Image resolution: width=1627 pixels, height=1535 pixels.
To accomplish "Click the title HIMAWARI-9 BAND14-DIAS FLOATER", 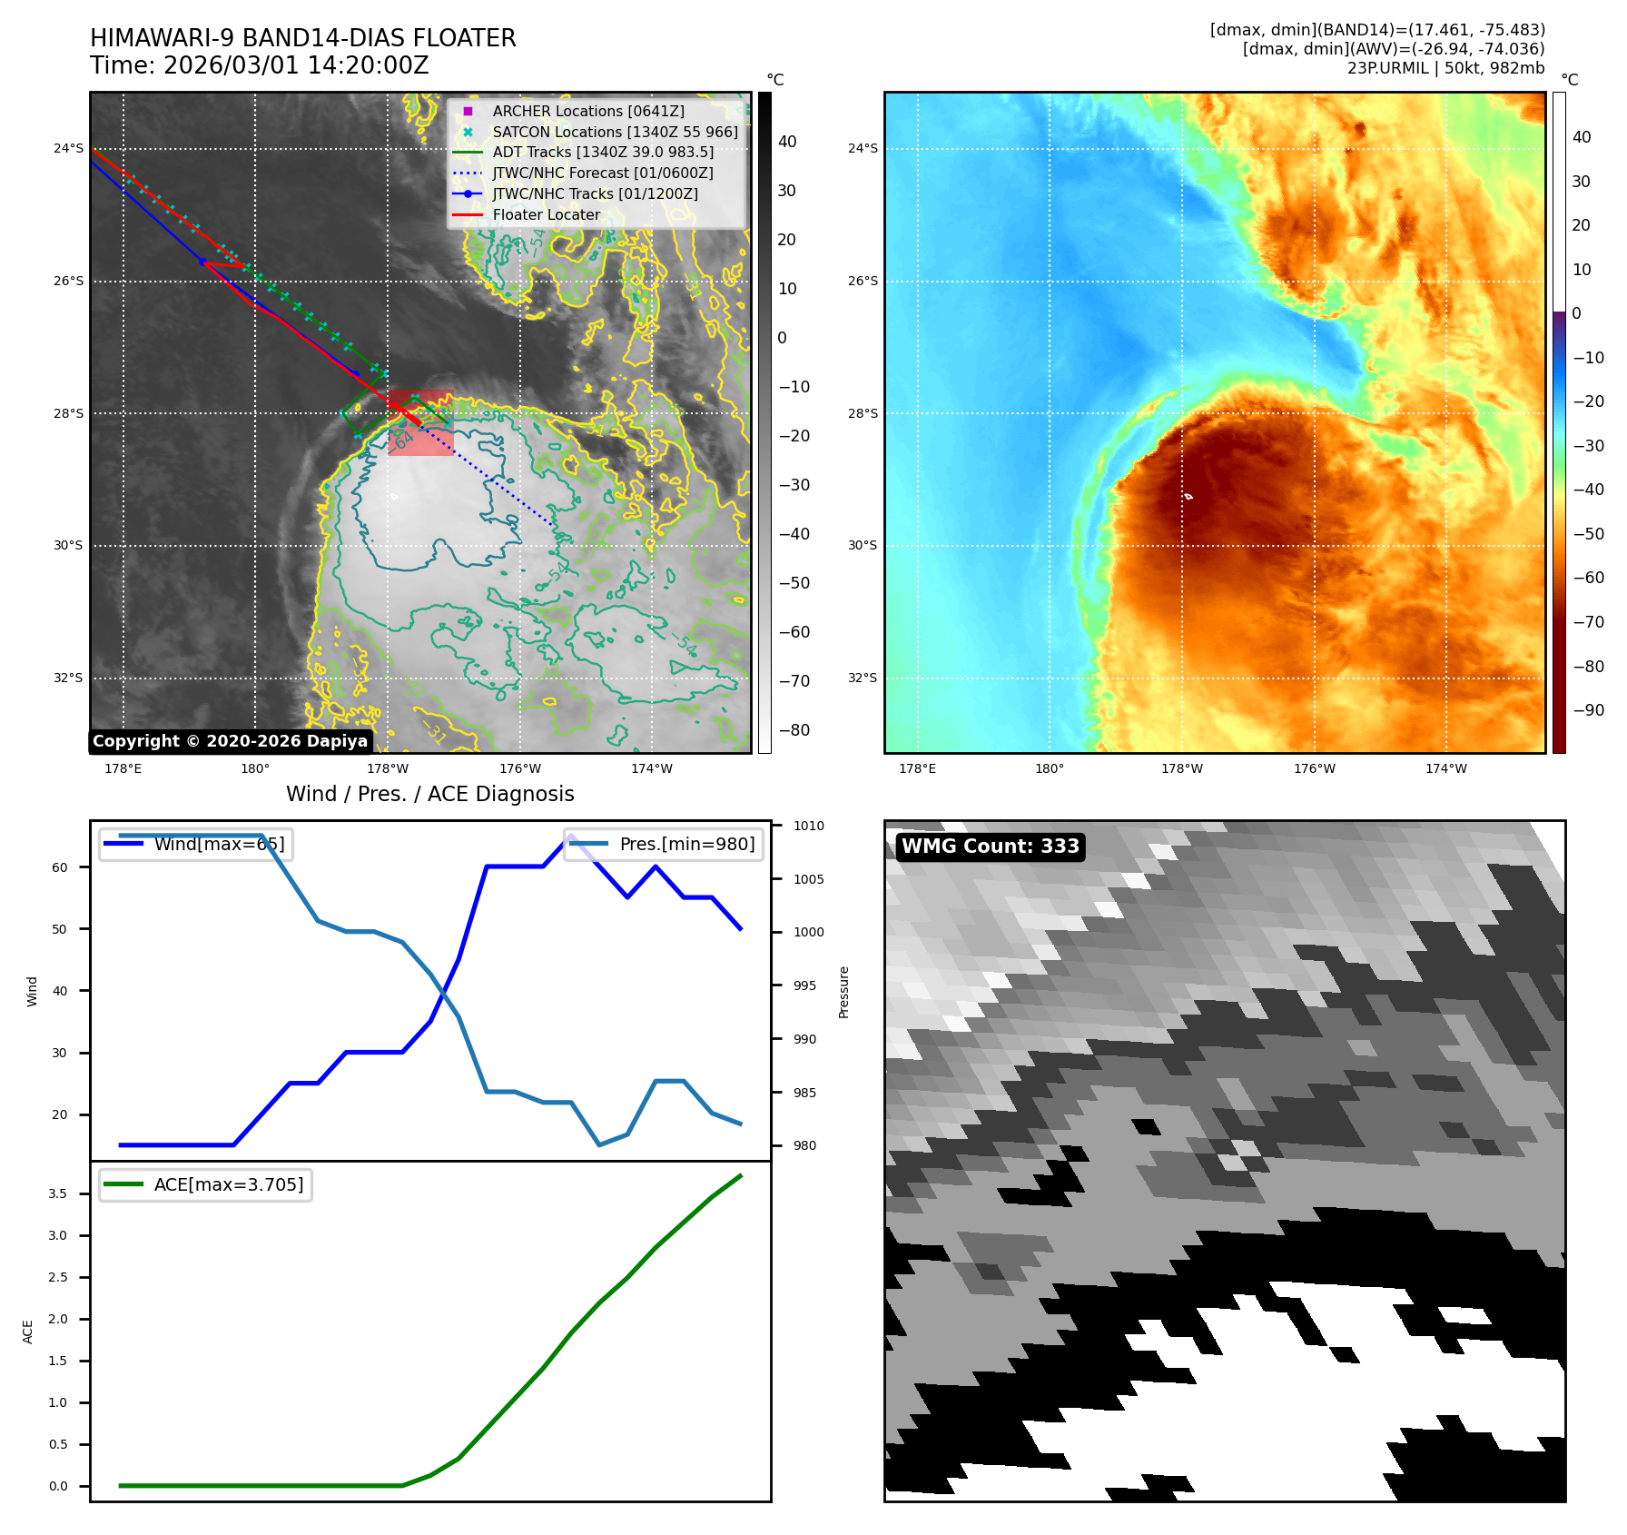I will [302, 38].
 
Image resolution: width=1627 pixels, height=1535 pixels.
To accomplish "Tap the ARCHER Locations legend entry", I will [587, 111].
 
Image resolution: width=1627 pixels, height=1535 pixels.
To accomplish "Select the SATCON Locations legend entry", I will [614, 132].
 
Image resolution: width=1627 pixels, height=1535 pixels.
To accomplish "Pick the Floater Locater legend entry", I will [546, 215].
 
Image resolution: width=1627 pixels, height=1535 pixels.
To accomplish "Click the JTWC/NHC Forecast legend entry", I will [602, 173].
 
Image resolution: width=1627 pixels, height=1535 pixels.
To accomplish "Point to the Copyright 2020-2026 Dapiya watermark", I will [230, 741].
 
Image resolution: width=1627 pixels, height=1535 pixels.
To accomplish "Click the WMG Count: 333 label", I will [990, 847].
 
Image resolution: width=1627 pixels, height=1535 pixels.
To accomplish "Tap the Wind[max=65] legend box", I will [196, 844].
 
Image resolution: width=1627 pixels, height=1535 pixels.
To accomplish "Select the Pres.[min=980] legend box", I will [664, 844].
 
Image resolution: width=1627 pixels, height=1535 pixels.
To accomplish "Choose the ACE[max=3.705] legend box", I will [206, 1184].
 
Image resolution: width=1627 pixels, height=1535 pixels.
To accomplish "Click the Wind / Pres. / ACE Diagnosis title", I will [429, 794].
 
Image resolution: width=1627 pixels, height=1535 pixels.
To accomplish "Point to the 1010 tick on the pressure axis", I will [808, 826].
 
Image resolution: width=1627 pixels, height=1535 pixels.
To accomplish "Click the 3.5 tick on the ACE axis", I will [57, 1193].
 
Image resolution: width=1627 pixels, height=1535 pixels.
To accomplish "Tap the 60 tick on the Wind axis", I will [60, 867].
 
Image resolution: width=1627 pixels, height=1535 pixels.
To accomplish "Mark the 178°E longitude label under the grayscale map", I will [123, 768].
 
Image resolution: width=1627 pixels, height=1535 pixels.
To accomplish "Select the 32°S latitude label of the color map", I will [863, 678].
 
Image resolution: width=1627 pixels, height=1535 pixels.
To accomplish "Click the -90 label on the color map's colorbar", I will [1588, 710].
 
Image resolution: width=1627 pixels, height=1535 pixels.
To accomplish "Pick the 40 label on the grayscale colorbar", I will [787, 142].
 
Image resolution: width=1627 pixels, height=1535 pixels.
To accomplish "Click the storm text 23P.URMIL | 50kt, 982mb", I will [1445, 68].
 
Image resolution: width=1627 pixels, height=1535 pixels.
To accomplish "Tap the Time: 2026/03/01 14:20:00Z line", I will [259, 65].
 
